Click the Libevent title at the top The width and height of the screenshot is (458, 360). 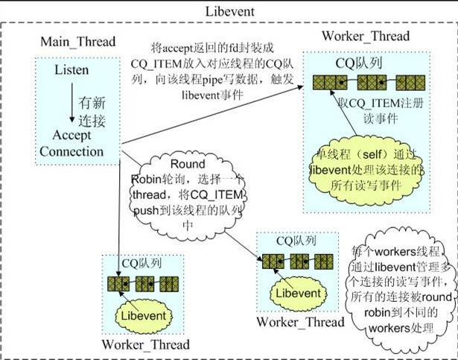point(229,12)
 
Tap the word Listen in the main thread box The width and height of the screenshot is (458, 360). point(71,70)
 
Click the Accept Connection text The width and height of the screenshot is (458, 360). point(77,144)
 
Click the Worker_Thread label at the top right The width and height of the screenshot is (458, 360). point(365,37)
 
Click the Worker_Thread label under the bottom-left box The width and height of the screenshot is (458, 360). point(146,344)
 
